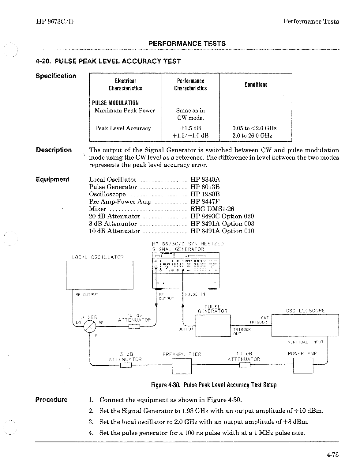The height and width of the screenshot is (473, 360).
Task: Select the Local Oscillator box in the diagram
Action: (99, 275)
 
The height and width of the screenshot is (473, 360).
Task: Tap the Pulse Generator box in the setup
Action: (213, 326)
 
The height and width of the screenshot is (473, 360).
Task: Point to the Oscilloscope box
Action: (305, 325)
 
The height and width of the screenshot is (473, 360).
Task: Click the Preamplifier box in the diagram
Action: (182, 366)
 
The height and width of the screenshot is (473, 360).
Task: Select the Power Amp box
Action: (303, 365)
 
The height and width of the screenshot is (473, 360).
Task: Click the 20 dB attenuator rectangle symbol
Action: (134, 327)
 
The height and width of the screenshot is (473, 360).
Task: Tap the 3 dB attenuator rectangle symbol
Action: (126, 365)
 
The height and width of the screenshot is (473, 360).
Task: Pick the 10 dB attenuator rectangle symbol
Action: (245, 365)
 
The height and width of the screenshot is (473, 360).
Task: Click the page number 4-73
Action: (332, 455)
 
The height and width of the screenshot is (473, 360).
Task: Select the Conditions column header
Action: (256, 85)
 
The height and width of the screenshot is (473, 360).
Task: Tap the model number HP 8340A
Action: (205, 180)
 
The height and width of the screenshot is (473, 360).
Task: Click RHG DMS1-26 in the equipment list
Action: (212, 209)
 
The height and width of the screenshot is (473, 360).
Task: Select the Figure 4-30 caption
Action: (214, 385)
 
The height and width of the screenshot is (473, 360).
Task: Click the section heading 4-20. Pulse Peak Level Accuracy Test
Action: (108, 61)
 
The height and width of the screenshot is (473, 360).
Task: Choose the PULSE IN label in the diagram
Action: (195, 294)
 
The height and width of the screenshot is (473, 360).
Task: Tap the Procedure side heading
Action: (51, 400)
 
